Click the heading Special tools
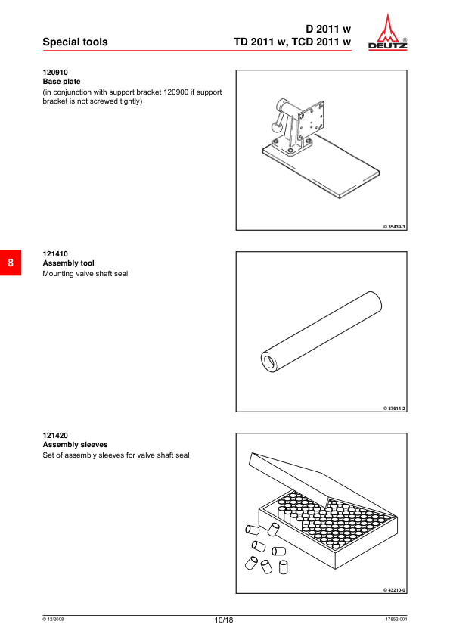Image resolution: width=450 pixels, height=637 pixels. coord(75,42)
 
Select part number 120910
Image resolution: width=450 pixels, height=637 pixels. coord(55,73)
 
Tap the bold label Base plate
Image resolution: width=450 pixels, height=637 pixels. coord(61,81)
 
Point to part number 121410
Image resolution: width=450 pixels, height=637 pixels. coord(55,254)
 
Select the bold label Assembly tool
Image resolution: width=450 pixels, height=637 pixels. coord(68,263)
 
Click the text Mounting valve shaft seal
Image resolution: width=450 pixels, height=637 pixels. coord(85,273)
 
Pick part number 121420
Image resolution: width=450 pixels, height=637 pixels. coord(55,436)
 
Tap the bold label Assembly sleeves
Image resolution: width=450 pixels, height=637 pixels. coord(75,444)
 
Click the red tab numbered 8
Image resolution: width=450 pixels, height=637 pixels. coord(11,263)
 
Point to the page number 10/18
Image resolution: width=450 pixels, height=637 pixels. coord(224,620)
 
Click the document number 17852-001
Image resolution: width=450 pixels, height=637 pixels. coord(396,619)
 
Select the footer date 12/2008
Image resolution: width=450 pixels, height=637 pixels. coord(53,619)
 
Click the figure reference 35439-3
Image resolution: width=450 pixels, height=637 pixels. coord(394,227)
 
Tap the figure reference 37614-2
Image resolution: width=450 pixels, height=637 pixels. coord(394,409)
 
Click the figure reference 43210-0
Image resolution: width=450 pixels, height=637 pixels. coord(394,590)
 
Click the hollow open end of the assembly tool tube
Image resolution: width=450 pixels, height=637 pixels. coord(268,361)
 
